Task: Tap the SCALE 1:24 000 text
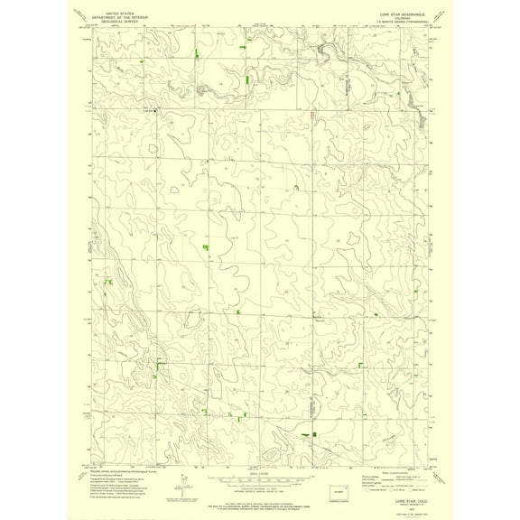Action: pyautogui.click(x=259, y=471)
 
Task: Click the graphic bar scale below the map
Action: pyautogui.click(x=259, y=478)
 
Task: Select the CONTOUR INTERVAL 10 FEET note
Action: pyautogui.click(x=259, y=487)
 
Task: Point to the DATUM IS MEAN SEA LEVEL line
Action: pyautogui.click(x=259, y=492)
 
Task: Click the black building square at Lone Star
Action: pyautogui.click(x=156, y=110)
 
